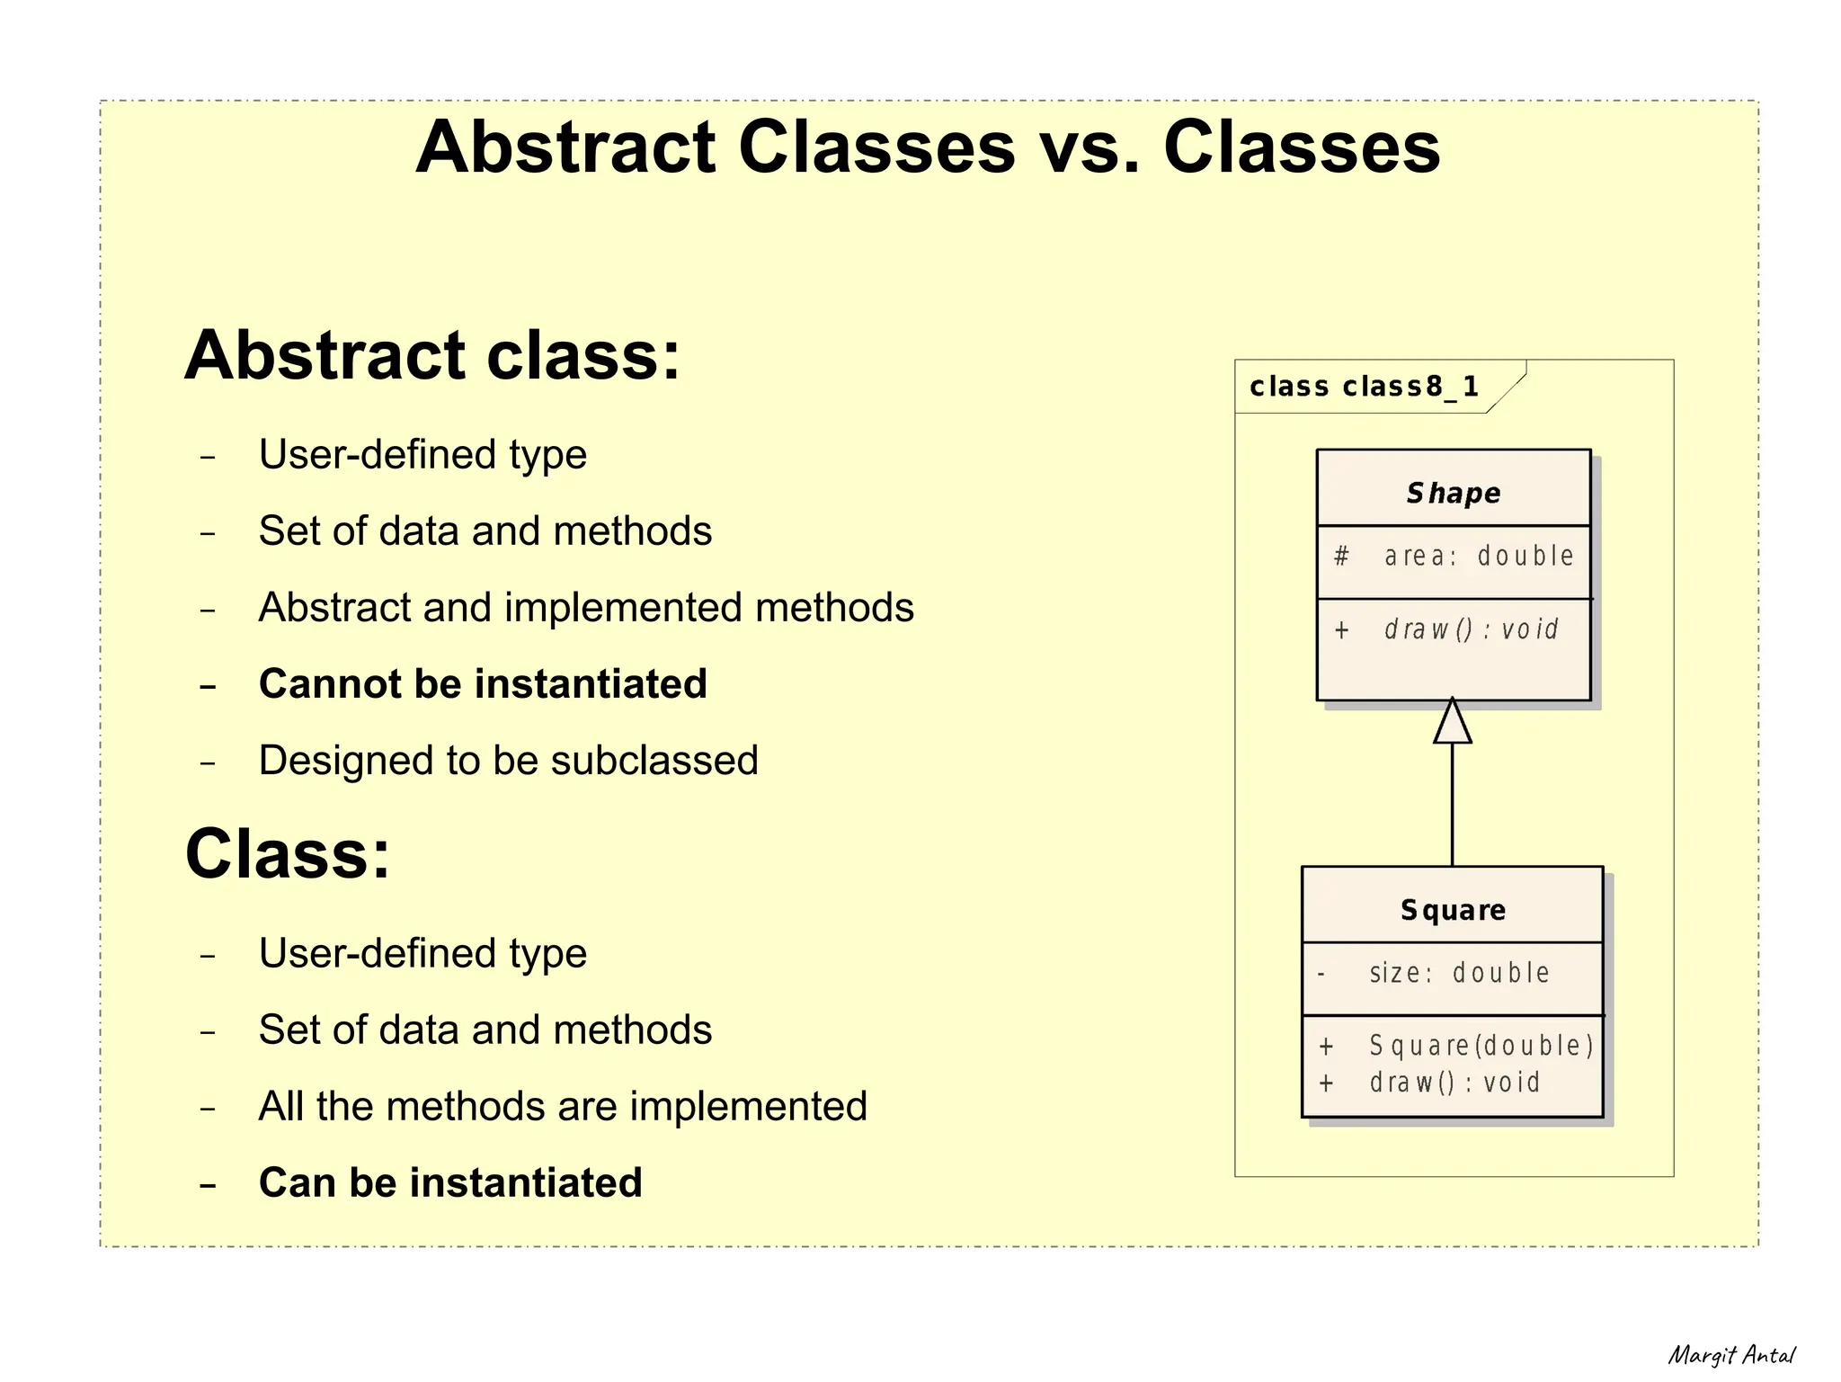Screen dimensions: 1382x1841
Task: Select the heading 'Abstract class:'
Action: coord(432,355)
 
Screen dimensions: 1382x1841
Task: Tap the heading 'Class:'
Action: coord(288,853)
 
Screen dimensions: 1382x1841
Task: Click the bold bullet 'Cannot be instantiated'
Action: coord(483,684)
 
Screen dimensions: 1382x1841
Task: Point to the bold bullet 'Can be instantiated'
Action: coord(450,1183)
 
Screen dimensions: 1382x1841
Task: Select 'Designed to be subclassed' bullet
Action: coord(508,761)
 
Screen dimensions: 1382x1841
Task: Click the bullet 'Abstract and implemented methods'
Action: coord(586,608)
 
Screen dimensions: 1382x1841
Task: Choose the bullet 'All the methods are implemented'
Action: coord(563,1107)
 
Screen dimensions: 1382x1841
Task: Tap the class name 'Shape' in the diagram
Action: coord(1454,493)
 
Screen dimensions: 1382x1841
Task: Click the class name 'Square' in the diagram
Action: coord(1453,910)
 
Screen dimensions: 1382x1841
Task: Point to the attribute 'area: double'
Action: coord(1479,557)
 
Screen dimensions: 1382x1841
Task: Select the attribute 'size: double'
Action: coord(1459,973)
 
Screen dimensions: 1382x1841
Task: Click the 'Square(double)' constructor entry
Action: coord(1481,1046)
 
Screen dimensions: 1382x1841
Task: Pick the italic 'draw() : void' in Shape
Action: coord(1471,629)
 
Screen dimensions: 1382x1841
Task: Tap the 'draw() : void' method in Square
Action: coord(1454,1083)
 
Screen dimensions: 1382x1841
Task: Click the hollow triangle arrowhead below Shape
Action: coord(1453,723)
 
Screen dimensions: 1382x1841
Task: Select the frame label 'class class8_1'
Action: coord(1364,387)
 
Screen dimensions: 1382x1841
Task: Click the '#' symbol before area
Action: coord(1341,557)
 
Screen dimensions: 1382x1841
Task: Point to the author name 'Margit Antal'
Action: coord(1731,1355)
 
